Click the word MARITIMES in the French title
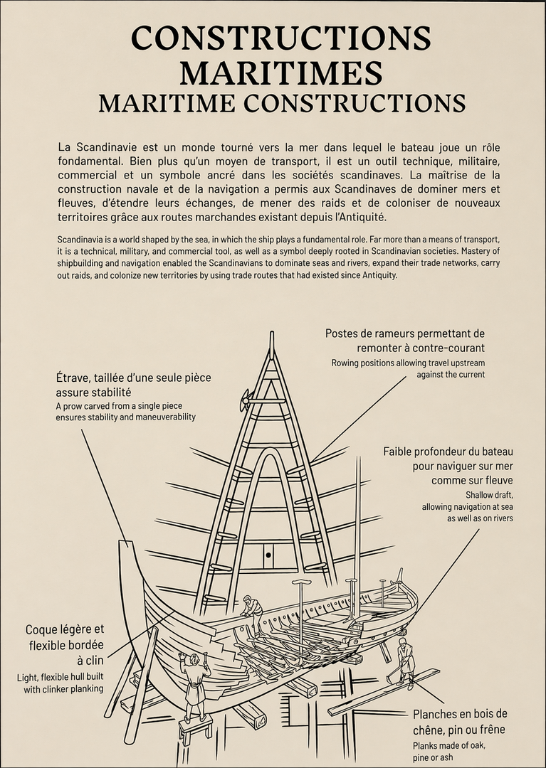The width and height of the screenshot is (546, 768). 280,71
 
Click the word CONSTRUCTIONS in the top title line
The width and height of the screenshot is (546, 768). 280,38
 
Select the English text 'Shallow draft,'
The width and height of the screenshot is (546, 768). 489,494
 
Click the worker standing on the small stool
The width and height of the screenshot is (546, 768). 194,680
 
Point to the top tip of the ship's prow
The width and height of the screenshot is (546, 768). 125,543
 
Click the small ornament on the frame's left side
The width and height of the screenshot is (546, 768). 245,400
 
